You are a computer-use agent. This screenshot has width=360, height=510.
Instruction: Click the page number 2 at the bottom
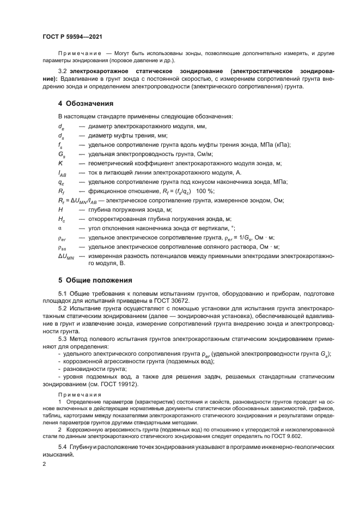[x=45, y=463]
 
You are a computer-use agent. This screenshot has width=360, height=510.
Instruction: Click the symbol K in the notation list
[x=60, y=163]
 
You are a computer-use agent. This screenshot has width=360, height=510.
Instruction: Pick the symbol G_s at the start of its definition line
[x=62, y=154]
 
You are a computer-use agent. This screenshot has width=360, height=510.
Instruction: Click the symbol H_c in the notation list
[x=62, y=219]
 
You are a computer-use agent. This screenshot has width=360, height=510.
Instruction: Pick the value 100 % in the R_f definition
[x=204, y=191]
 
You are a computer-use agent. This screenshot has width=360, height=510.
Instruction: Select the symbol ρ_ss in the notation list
[x=62, y=247]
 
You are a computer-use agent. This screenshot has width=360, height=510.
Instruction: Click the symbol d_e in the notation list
[x=62, y=127]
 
